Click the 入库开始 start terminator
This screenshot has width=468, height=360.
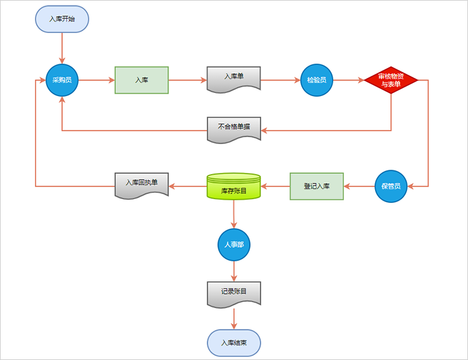(62, 19)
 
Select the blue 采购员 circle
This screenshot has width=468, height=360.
(62, 80)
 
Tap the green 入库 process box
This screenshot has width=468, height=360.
(142, 80)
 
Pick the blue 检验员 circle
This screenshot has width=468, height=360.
(316, 80)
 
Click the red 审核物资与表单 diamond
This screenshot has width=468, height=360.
(391, 80)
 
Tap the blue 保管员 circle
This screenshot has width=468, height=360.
(391, 187)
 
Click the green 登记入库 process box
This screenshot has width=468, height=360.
(316, 187)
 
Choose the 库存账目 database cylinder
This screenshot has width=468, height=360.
(234, 187)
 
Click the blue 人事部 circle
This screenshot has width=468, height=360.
(234, 245)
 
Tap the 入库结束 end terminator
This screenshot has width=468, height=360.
(234, 343)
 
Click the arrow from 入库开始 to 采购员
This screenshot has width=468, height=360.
(62, 48)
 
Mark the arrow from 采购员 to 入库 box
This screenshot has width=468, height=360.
(97, 80)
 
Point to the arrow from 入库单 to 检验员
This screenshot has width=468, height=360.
(281, 80)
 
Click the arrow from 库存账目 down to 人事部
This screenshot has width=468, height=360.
(234, 215)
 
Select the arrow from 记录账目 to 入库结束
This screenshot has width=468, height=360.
(234, 319)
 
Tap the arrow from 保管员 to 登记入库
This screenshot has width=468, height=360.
(359, 187)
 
